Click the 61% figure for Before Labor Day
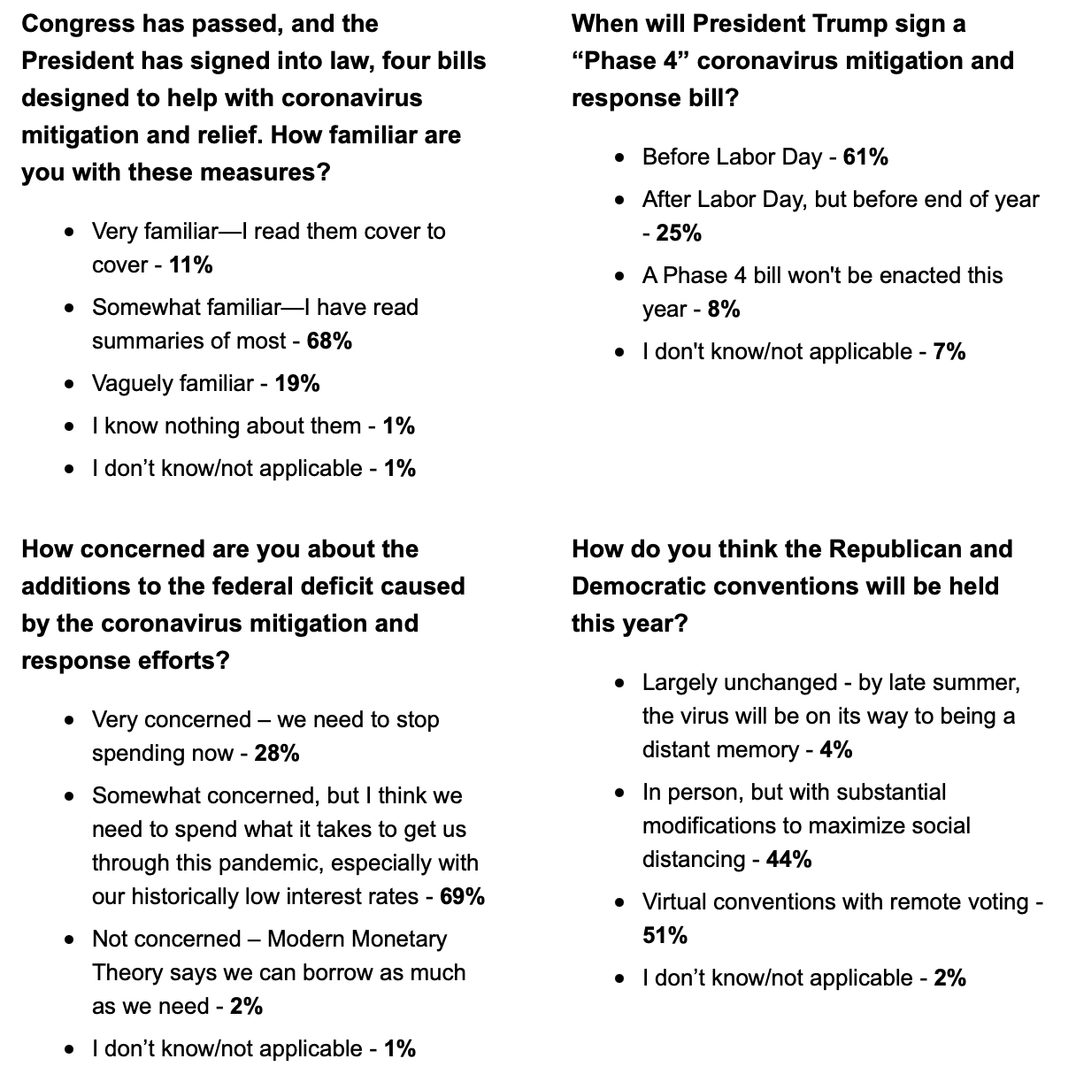(865, 157)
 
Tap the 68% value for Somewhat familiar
(329, 341)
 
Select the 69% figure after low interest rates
(462, 897)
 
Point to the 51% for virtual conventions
(665, 936)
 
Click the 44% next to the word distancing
(789, 860)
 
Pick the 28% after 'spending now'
(276, 754)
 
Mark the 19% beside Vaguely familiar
(297, 384)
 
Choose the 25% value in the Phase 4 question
(679, 234)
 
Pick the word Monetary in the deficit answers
(395, 940)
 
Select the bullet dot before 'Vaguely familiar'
(70, 384)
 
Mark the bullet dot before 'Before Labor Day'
(620, 157)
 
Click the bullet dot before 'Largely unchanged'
(620, 683)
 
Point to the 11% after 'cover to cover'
(190, 265)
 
